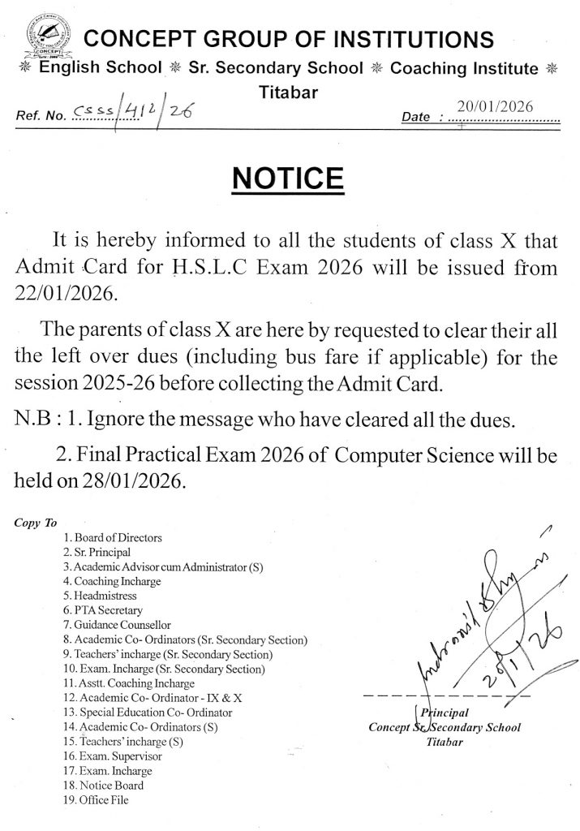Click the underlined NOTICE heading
(x=290, y=176)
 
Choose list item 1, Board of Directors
(x=119, y=537)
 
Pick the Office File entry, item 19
(x=103, y=800)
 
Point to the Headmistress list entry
(x=106, y=596)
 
